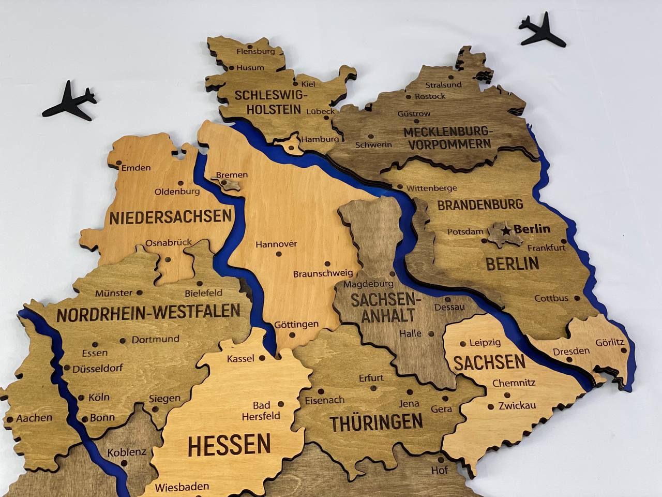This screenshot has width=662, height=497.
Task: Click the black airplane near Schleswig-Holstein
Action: tap(69, 100)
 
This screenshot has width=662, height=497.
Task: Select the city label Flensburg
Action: tap(255, 51)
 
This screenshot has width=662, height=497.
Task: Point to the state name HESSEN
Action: tap(229, 444)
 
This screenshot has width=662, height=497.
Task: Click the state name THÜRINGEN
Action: tap(377, 422)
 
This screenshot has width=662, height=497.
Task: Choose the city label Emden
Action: tap(136, 167)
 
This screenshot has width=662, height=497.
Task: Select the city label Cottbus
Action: tap(551, 298)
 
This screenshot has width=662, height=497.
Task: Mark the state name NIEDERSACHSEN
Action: tap(170, 216)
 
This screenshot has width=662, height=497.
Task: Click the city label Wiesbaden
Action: tap(182, 487)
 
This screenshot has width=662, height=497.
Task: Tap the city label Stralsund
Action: tap(443, 84)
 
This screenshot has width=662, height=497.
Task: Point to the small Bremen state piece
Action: tap(228, 183)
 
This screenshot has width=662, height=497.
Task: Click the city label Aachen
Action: tap(34, 417)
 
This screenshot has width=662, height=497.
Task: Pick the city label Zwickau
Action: tap(517, 405)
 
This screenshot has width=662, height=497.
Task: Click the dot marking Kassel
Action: tap(262, 358)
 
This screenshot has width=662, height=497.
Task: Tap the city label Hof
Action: tap(439, 470)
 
